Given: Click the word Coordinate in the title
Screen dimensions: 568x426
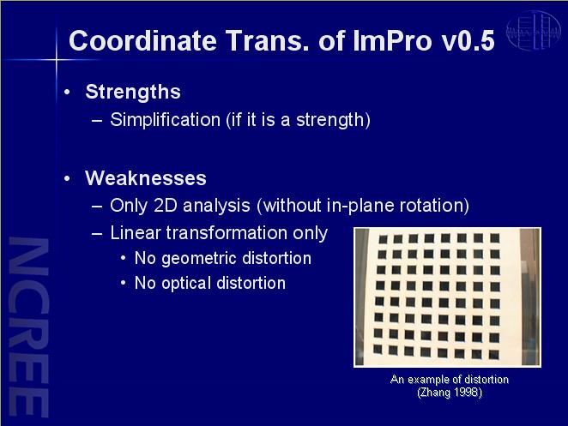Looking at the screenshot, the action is tap(142, 40).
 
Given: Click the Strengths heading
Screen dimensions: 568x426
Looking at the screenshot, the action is tap(133, 92).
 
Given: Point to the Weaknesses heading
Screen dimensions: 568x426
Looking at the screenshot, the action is tap(146, 178).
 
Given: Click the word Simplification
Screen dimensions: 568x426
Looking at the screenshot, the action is tap(166, 120).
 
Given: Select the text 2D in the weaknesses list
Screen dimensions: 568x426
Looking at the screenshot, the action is tap(166, 206).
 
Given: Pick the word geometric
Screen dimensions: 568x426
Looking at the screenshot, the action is tap(199, 259).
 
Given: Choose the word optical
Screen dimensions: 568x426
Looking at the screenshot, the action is tap(186, 284).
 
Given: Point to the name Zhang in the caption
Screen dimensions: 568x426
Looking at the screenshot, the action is tap(434, 393).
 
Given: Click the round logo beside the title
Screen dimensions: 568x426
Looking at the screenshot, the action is tap(533, 31).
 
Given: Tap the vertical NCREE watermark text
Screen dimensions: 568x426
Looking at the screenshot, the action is tap(28, 327).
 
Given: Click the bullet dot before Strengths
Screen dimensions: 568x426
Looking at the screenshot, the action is tap(67, 93).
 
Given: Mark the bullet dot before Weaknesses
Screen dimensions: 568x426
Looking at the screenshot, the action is tap(67, 178).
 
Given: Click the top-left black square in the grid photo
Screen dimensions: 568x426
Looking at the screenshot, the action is tap(383, 239).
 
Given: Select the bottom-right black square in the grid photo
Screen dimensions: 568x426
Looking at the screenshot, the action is tap(493, 354).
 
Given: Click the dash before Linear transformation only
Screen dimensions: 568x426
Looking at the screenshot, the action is tap(97, 233).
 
